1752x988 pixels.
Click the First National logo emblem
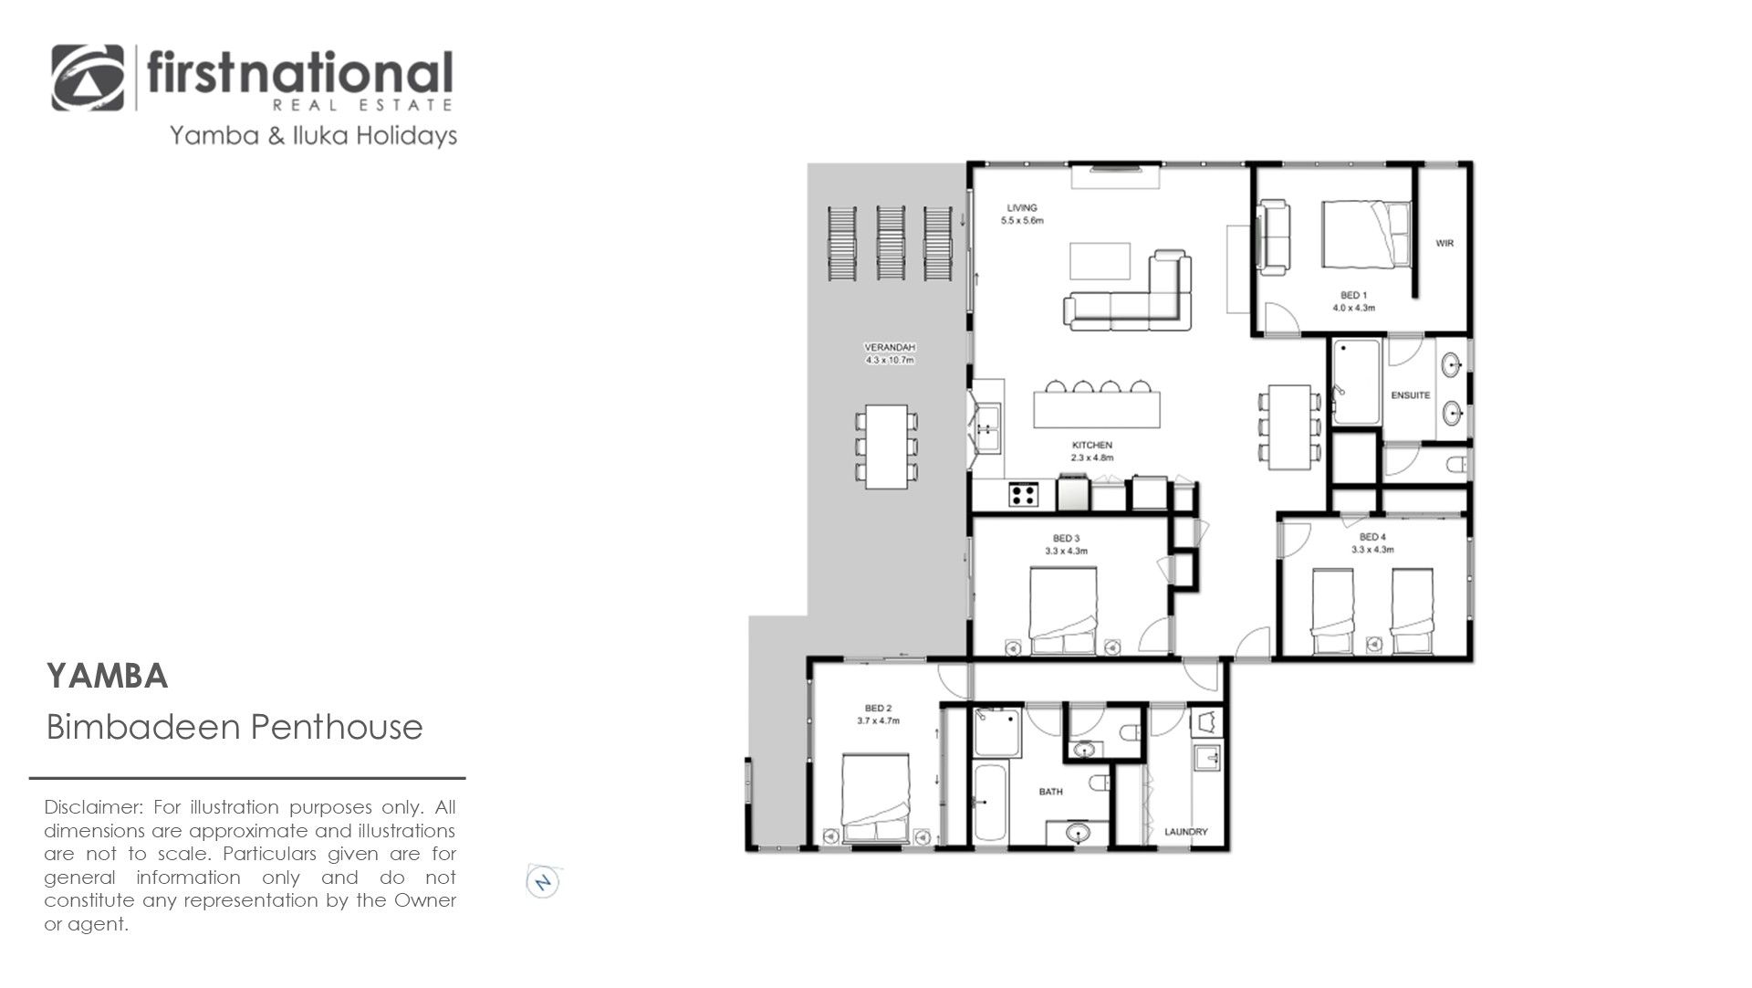tap(88, 78)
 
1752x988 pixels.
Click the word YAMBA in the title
tap(108, 677)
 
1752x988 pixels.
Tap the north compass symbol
tap(543, 882)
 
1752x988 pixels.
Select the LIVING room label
tap(1022, 208)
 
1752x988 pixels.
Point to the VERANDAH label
tap(890, 347)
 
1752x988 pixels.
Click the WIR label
tap(1444, 243)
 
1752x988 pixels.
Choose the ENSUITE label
tap(1410, 395)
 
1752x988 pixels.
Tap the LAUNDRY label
tap(1186, 832)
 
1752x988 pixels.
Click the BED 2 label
tap(878, 709)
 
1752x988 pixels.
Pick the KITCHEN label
tap(1092, 446)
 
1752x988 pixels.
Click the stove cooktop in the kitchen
tap(1023, 495)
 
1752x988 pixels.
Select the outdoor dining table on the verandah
tap(886, 447)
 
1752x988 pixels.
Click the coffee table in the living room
tap(1100, 261)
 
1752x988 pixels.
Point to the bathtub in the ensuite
tap(1356, 382)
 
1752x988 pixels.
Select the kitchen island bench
tap(1097, 409)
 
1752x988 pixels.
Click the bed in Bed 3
tap(1063, 611)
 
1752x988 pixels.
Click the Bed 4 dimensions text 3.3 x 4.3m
tap(1372, 550)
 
